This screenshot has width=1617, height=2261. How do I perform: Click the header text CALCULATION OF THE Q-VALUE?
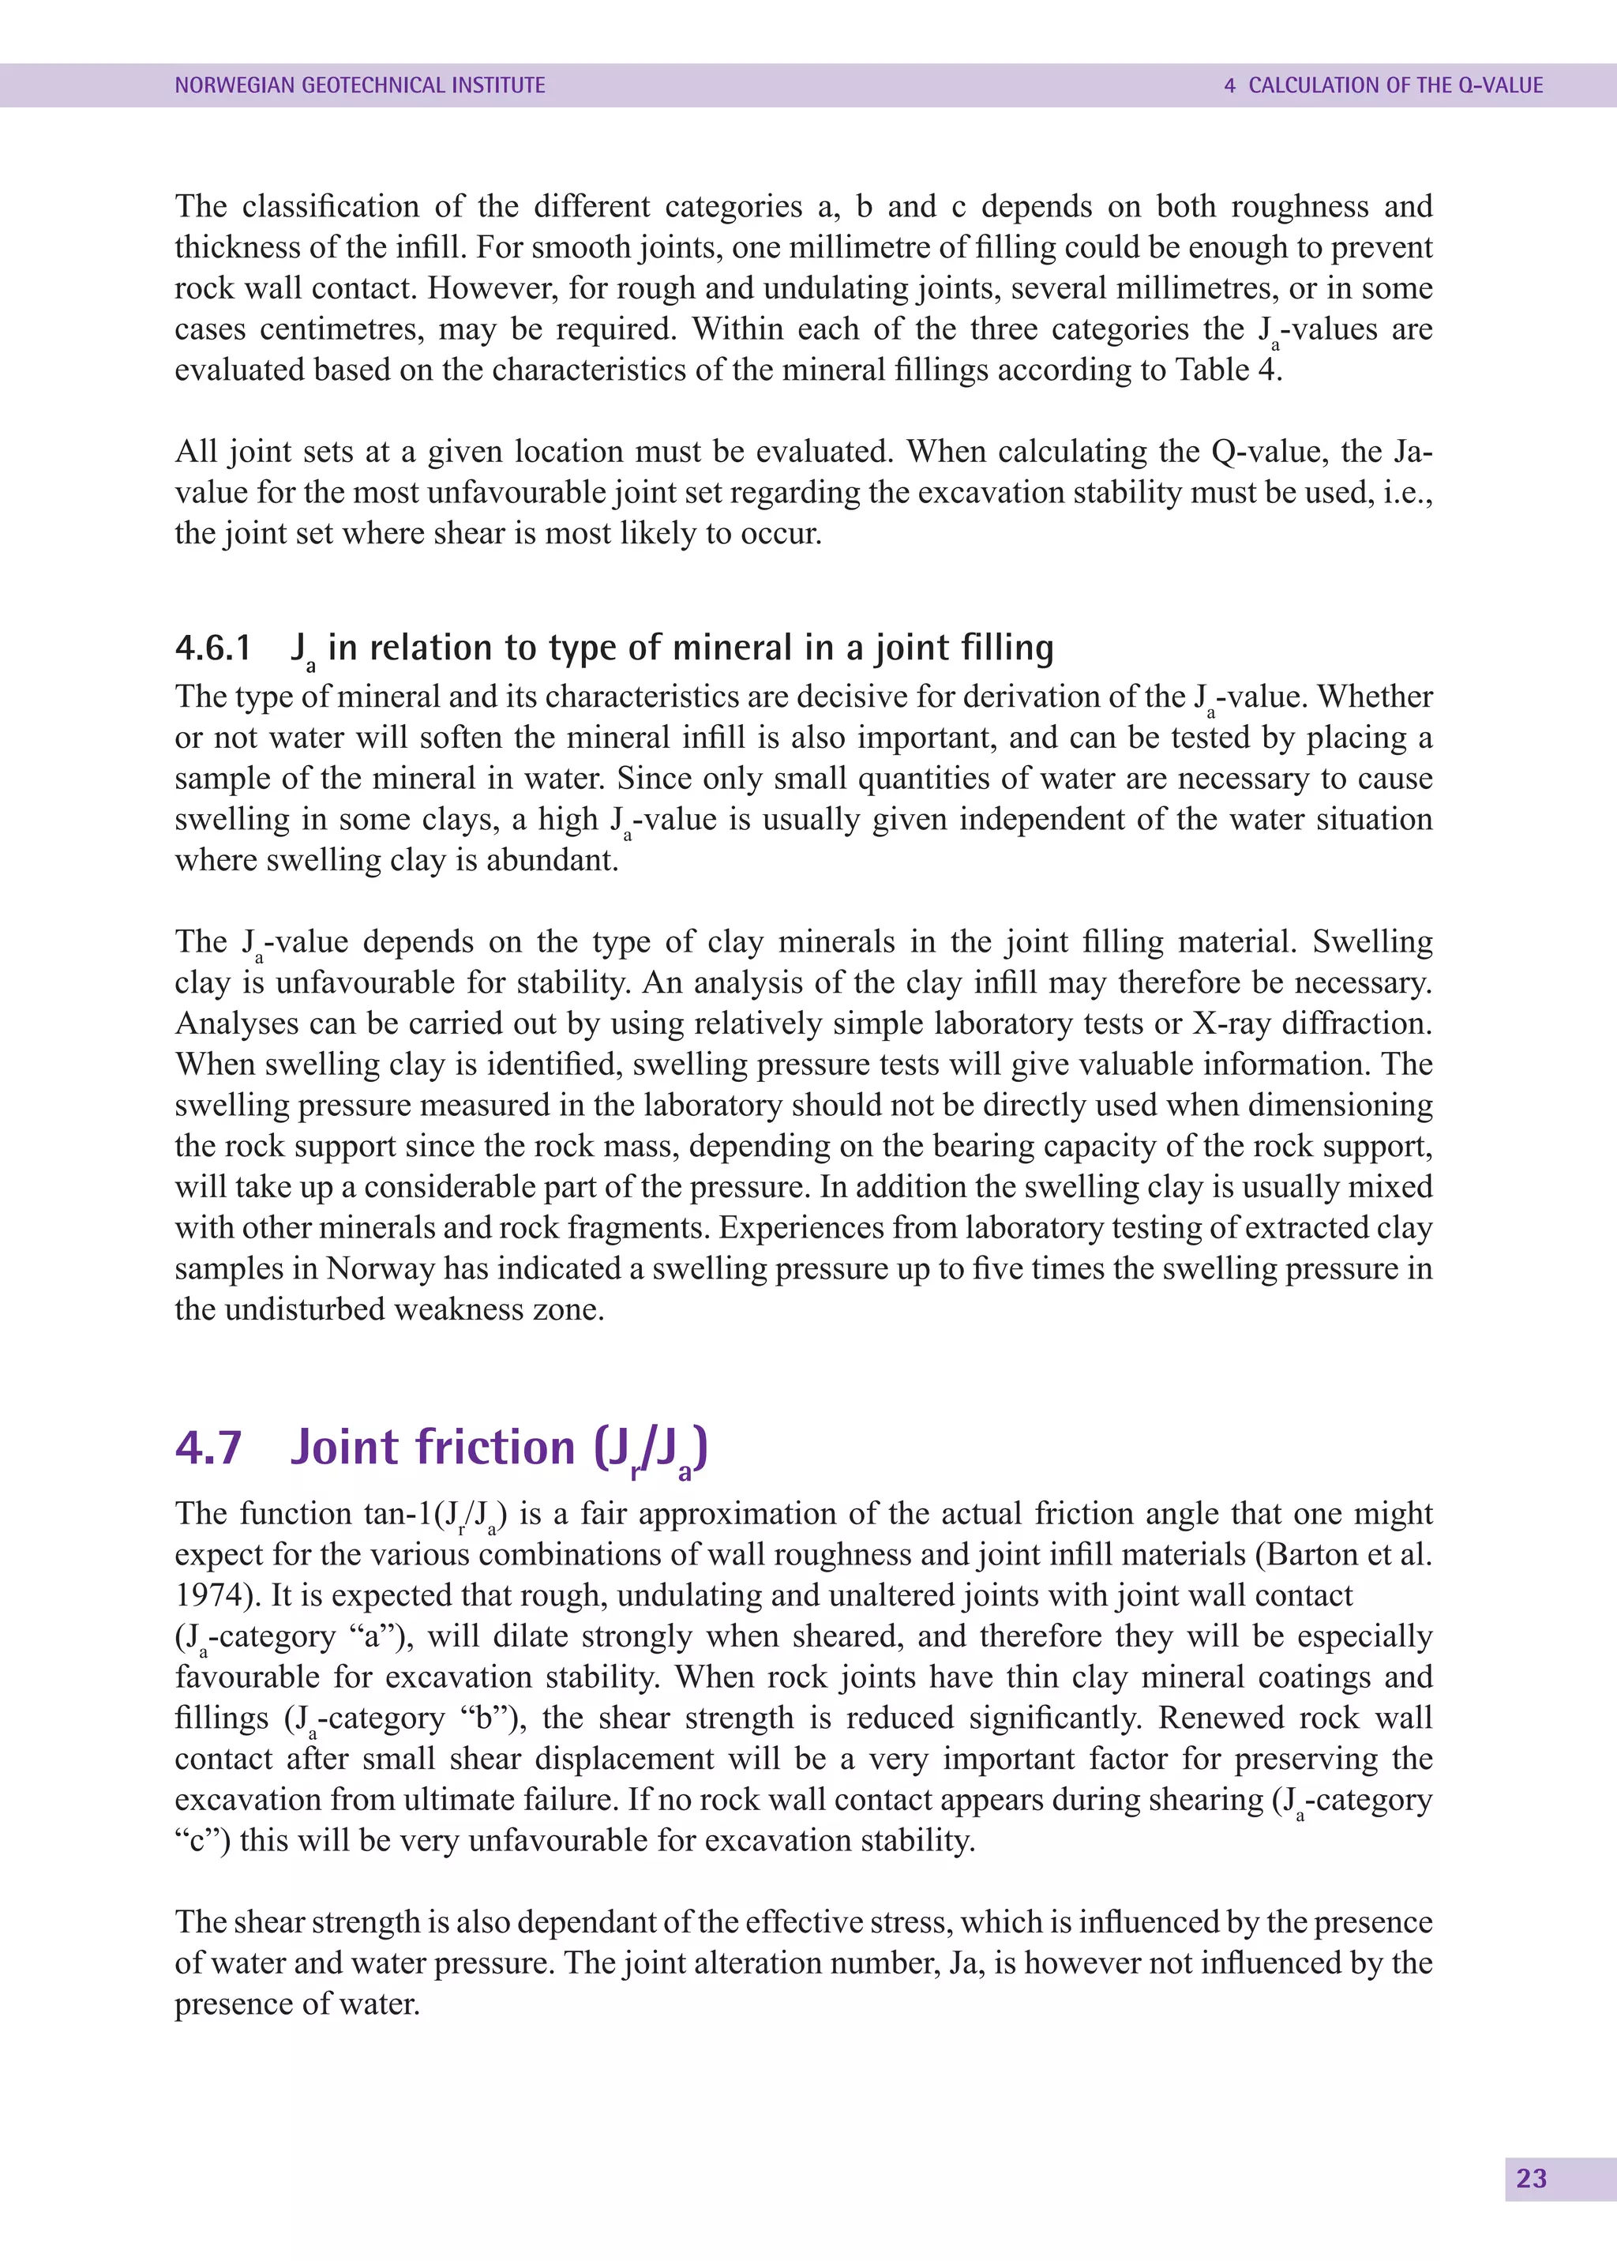click(x=1395, y=85)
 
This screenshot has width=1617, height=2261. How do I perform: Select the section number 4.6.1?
click(x=212, y=648)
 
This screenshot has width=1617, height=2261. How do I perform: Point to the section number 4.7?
click(x=208, y=1448)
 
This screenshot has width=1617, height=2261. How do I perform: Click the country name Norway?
click(x=381, y=1268)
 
